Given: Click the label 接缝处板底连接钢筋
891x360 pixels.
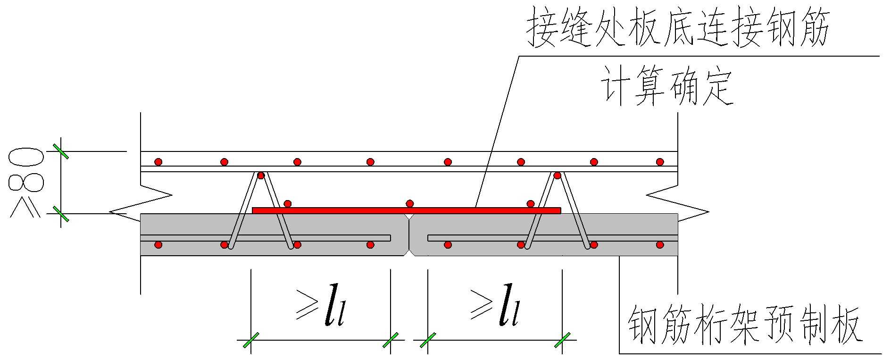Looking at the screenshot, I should [678, 27].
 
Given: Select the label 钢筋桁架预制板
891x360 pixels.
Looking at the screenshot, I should [745, 326].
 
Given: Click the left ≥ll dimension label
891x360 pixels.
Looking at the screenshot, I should [321, 306].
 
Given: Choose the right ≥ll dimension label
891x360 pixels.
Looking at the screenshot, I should [495, 306].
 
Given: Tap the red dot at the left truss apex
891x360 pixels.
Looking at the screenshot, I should [261, 176].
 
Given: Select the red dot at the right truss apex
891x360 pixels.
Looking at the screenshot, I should [557, 176].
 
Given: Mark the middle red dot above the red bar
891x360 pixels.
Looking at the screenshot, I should [410, 203].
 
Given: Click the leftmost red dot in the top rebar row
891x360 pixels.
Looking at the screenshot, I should [158, 162].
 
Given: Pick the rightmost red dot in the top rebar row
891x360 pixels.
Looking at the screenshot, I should [660, 162].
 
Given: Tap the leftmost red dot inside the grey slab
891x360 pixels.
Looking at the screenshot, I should [158, 244].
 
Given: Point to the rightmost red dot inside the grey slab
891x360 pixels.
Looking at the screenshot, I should [660, 244].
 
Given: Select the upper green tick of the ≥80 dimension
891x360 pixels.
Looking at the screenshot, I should [61, 151].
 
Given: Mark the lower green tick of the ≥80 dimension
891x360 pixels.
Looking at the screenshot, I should [61, 214].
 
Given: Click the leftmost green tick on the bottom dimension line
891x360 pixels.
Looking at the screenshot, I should [250, 340].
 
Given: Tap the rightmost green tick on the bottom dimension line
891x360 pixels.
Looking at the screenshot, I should [562, 340].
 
